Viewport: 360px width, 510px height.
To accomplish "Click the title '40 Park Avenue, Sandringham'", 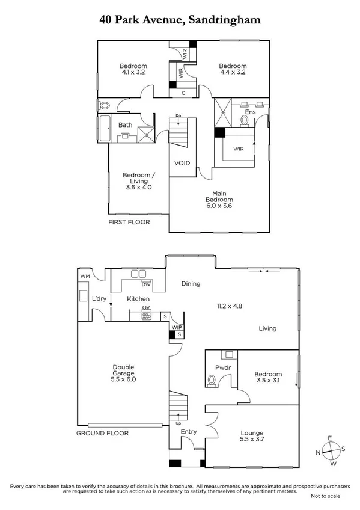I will [x=180, y=20].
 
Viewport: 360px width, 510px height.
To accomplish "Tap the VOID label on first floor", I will [x=182, y=163].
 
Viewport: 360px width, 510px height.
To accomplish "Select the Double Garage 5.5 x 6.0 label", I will [x=123, y=373].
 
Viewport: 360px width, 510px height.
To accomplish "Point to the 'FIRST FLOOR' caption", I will [x=128, y=222].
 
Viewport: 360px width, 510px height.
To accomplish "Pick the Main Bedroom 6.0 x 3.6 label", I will [x=218, y=200].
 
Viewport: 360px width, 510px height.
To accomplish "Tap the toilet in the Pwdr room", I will [x=211, y=380].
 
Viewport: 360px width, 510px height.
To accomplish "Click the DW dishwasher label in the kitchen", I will [x=145, y=284].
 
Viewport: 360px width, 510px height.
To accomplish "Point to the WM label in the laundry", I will [x=85, y=276].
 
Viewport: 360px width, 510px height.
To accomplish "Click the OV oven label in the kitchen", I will [x=145, y=308].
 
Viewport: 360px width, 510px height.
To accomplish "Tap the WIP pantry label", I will [x=177, y=327].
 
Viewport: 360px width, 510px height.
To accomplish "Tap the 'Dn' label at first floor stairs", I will [x=178, y=115].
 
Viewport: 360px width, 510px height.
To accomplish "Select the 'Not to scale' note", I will [x=325, y=497].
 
